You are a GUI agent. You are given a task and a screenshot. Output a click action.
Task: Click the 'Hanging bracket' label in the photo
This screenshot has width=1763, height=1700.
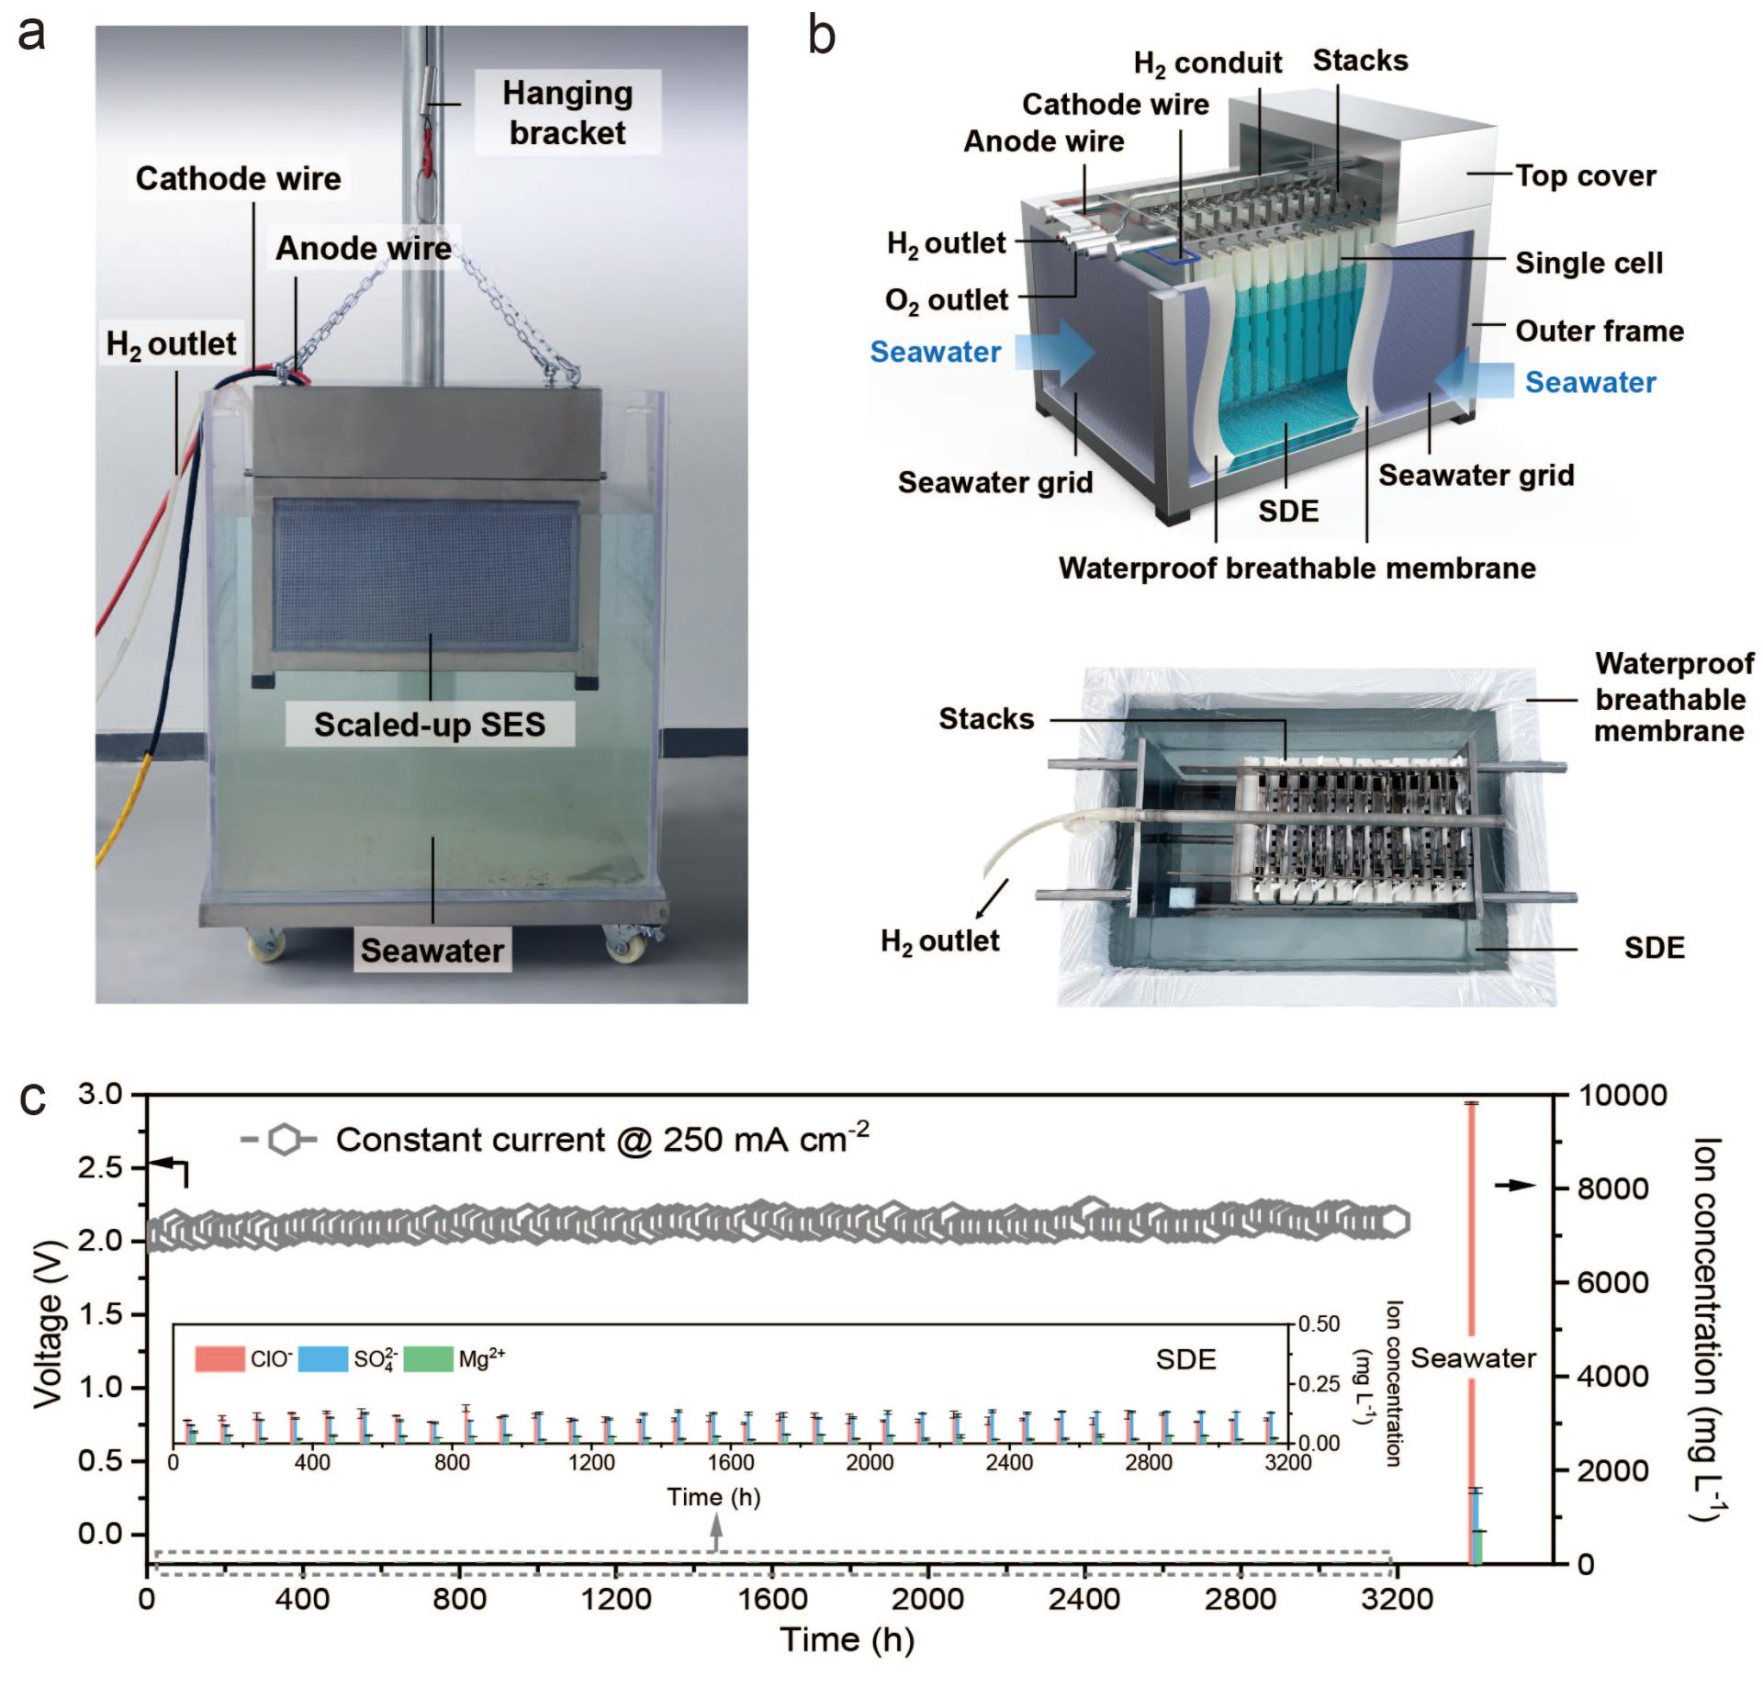point(567,113)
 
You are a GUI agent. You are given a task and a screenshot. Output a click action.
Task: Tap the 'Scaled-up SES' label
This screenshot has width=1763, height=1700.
point(430,725)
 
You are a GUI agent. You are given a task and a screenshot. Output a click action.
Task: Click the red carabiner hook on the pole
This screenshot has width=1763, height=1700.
point(428,152)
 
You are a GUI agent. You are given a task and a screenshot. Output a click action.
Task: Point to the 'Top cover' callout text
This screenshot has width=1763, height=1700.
point(1585,175)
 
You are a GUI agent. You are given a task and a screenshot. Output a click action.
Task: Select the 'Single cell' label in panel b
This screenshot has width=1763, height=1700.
point(1589,264)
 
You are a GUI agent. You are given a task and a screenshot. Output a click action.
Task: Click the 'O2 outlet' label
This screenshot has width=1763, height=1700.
point(947,300)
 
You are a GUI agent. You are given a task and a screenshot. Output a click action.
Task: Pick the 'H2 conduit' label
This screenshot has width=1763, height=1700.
point(1207,63)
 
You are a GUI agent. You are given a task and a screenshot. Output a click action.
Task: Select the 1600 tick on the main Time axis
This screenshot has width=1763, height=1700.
point(772,1599)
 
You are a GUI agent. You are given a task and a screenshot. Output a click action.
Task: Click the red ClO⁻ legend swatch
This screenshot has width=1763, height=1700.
point(219,1359)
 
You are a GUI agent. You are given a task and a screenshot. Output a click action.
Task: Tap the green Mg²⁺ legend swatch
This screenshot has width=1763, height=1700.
point(428,1359)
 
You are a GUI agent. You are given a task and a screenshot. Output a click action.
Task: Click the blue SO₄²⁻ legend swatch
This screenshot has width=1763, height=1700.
point(323,1359)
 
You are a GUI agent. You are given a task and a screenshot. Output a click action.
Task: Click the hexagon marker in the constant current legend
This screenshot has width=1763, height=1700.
point(285,1141)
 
